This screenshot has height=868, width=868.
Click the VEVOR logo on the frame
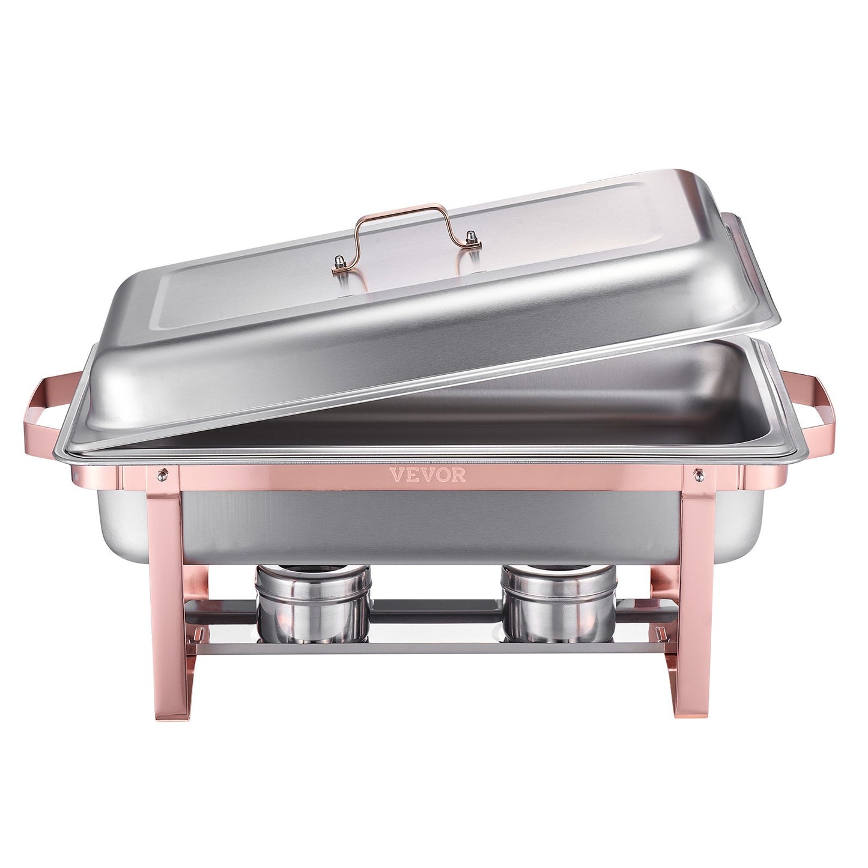pos(428,475)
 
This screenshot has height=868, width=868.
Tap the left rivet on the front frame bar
pos(160,475)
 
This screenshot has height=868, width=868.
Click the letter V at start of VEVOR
pos(396,475)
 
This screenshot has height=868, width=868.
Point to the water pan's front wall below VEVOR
pos(428,523)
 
